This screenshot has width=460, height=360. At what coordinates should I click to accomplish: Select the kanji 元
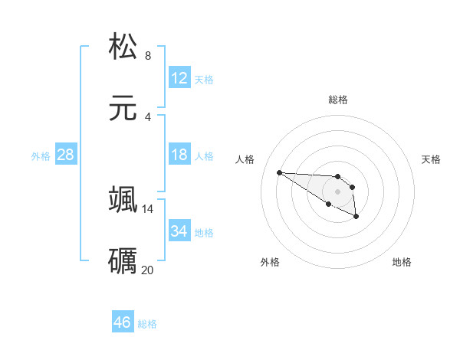coord(123,108)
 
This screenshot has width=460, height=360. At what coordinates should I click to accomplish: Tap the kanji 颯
coord(123,199)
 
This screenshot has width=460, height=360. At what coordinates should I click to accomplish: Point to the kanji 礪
coord(123,260)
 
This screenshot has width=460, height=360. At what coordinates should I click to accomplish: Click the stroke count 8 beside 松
coord(148,55)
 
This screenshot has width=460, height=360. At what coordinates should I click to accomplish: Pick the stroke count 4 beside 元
coord(148,116)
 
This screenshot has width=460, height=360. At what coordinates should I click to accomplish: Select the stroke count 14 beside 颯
coord(148,208)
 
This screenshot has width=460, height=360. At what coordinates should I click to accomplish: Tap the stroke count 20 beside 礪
coord(148,270)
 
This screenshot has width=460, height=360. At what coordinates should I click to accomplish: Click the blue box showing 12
coord(179,78)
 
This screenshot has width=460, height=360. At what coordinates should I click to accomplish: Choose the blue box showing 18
coord(179,155)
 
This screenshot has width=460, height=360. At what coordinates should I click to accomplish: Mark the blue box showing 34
coord(179,231)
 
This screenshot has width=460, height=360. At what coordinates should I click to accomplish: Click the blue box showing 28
coord(66,155)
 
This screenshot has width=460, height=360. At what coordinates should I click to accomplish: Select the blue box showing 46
coord(123,322)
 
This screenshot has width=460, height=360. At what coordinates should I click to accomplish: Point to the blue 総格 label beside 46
coord(147,324)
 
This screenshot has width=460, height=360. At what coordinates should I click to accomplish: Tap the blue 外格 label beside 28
coord(41,156)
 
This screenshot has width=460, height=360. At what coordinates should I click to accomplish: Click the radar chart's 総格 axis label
coord(337,100)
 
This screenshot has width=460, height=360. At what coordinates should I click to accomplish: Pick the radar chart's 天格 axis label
coord(432,159)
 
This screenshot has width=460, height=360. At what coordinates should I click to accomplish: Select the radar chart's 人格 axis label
coord(245,159)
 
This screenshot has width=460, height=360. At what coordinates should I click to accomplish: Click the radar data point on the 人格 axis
coord(279,172)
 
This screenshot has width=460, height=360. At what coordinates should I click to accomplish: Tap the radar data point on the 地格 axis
coord(356,218)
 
